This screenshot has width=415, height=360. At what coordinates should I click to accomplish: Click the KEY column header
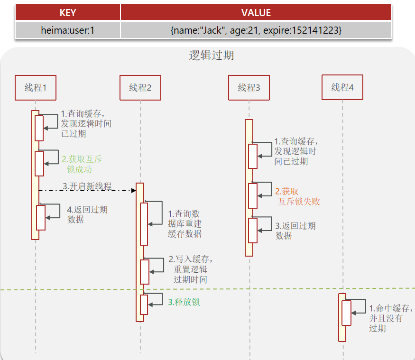(67, 12)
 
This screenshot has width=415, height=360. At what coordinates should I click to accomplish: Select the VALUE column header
(256, 12)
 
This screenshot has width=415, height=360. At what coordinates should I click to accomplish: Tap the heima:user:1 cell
(67, 30)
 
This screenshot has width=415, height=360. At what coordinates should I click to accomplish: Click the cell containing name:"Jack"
(256, 30)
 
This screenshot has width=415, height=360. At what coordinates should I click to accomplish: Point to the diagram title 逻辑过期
(212, 55)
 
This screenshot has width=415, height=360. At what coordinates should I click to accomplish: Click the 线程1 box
(35, 88)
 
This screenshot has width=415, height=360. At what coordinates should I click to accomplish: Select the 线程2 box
(140, 88)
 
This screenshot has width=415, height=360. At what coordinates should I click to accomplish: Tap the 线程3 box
(249, 88)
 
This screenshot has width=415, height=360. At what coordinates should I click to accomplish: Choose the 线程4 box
(342, 87)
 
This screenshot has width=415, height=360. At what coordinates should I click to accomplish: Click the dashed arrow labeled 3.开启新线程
(87, 190)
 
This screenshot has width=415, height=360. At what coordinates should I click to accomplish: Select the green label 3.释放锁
(184, 302)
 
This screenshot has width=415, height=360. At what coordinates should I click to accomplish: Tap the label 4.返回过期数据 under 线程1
(87, 214)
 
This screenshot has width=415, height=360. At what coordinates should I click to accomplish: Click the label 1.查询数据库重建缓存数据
(184, 223)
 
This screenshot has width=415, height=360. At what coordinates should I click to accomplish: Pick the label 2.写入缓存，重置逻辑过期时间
(190, 269)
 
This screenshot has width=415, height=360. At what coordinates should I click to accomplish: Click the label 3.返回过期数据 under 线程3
(295, 231)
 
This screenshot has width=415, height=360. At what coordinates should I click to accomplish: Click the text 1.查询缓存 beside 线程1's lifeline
(86, 124)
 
